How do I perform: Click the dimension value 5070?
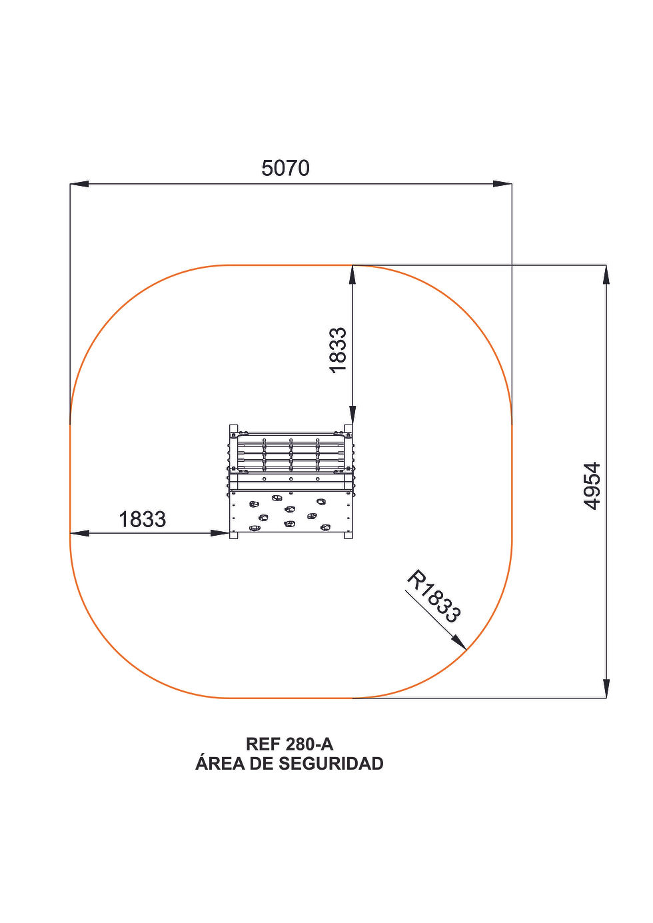coord(285,169)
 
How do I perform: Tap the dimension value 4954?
coord(592,486)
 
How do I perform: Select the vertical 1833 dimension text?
coord(338,351)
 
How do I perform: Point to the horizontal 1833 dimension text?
coord(142,519)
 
